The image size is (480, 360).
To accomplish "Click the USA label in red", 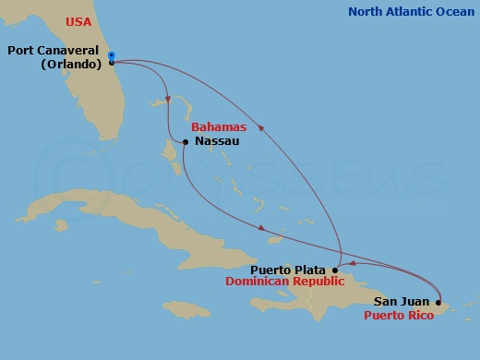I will click(78, 21).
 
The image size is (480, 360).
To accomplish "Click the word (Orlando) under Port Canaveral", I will click(70, 65).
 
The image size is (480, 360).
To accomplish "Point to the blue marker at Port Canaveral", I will click(111, 55).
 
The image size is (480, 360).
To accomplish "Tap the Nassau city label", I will click(217, 141).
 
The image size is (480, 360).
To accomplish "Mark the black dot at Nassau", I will click(186, 142).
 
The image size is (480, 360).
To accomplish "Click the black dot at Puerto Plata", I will click(335, 270).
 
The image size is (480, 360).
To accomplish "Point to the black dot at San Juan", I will click(438, 301).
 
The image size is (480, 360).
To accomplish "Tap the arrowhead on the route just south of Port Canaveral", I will click(167, 99).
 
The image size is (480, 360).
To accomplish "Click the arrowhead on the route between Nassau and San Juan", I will click(263, 228).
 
